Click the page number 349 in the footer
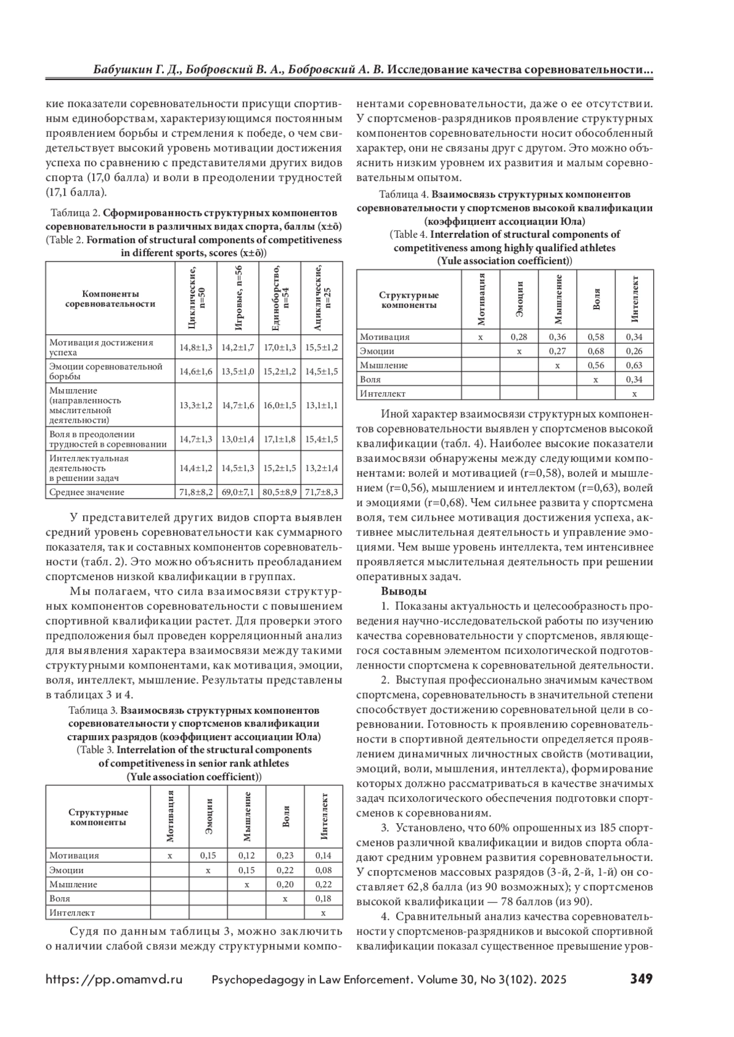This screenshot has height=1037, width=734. pyautogui.click(x=641, y=978)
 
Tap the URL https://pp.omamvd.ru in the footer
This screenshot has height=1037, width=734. pyautogui.click(x=114, y=979)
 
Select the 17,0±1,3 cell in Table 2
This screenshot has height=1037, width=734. pyautogui.click(x=280, y=347)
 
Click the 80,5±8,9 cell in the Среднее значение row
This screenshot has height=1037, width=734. pyautogui.click(x=280, y=492)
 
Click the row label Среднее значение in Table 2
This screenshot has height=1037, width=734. pyautogui.click(x=87, y=492)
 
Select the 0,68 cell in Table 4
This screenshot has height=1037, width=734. pyautogui.click(x=596, y=351)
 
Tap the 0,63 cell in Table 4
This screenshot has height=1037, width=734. pyautogui.click(x=634, y=365)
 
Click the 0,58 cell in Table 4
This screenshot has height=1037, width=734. pyautogui.click(x=596, y=337)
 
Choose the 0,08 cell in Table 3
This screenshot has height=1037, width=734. pyautogui.click(x=324, y=870)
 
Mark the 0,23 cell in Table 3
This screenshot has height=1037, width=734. pyautogui.click(x=285, y=856)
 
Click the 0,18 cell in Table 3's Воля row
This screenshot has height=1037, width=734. pyautogui.click(x=324, y=899)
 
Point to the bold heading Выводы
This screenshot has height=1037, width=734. pyautogui.click(x=404, y=591)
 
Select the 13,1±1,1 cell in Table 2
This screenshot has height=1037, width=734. pyautogui.click(x=322, y=405)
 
